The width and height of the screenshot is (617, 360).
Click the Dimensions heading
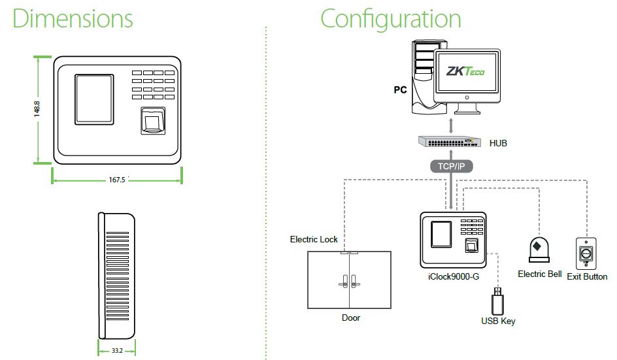point(73,18)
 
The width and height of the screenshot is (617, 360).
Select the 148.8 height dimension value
point(37,109)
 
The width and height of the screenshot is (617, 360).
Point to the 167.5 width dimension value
point(117,180)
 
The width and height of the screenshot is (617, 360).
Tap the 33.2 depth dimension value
point(117,350)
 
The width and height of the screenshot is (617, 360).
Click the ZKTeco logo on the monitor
point(465,71)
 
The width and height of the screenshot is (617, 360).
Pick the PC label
point(400,90)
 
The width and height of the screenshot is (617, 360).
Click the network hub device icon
point(450,142)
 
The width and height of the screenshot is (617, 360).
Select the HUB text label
point(498,143)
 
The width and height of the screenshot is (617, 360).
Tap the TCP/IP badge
point(452,167)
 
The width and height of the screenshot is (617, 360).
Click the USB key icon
point(498,301)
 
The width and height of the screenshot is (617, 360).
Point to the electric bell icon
point(539,250)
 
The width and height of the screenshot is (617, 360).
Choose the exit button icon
point(586,254)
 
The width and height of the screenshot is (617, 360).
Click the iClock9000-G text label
point(454,276)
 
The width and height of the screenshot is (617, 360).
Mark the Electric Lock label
point(314,239)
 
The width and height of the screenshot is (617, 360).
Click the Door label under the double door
point(350,318)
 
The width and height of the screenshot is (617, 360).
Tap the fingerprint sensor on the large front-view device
point(153,121)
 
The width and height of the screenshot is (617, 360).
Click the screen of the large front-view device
point(94,99)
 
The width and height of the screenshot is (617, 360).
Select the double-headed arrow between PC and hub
point(451,126)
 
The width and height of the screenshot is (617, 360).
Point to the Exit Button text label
point(587,276)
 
